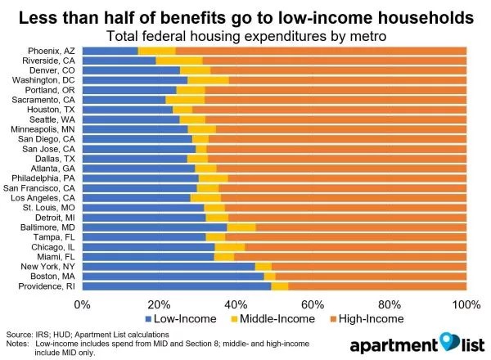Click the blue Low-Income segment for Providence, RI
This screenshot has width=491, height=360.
click(176, 286)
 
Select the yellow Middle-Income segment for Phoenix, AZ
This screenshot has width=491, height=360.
click(156, 51)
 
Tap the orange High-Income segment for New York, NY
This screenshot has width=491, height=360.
click(368, 267)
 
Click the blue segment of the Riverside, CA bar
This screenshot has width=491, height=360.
click(119, 61)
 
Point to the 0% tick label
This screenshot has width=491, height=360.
click(83, 304)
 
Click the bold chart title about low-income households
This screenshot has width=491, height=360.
click(245, 16)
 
